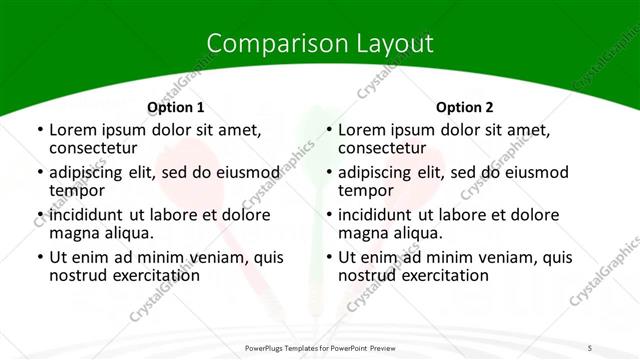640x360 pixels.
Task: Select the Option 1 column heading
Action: (x=176, y=107)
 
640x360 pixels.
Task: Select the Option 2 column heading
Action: (x=465, y=107)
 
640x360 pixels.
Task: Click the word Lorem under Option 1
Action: (x=73, y=130)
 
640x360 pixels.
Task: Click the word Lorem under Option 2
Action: (x=362, y=130)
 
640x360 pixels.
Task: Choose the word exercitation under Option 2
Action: (x=439, y=276)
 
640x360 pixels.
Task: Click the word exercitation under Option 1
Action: (x=150, y=276)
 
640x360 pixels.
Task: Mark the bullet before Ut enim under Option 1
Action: (x=39, y=257)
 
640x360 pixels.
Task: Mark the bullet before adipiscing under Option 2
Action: (x=328, y=173)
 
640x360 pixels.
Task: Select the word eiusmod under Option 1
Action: (x=241, y=173)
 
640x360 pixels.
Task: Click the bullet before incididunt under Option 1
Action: (x=39, y=215)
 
